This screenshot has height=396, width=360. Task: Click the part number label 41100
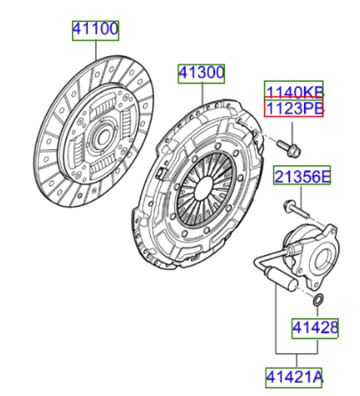point(95,30)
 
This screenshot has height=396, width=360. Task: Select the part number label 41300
point(201,74)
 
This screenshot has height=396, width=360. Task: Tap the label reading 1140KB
point(294,90)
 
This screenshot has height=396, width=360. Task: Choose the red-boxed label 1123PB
point(294,107)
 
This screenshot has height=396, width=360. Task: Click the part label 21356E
point(302,175)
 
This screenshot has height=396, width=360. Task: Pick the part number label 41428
point(315,328)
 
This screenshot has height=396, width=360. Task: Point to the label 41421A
point(294,378)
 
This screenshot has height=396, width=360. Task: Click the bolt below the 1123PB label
point(289,148)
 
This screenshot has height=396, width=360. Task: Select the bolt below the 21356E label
point(296,209)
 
